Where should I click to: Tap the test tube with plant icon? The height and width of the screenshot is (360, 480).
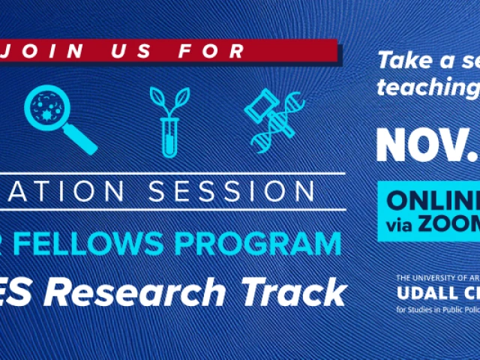169,120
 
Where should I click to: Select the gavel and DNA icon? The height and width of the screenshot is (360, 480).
274,118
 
